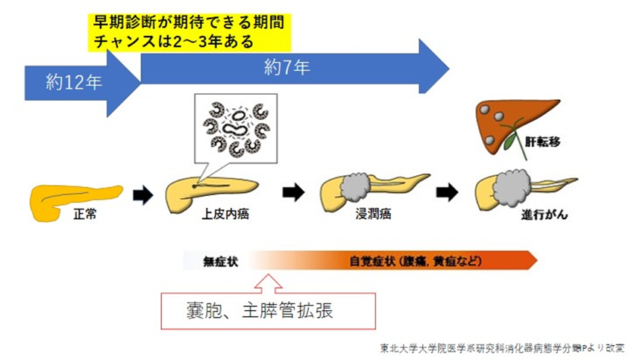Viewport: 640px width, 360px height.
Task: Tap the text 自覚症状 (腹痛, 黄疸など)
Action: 415,262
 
